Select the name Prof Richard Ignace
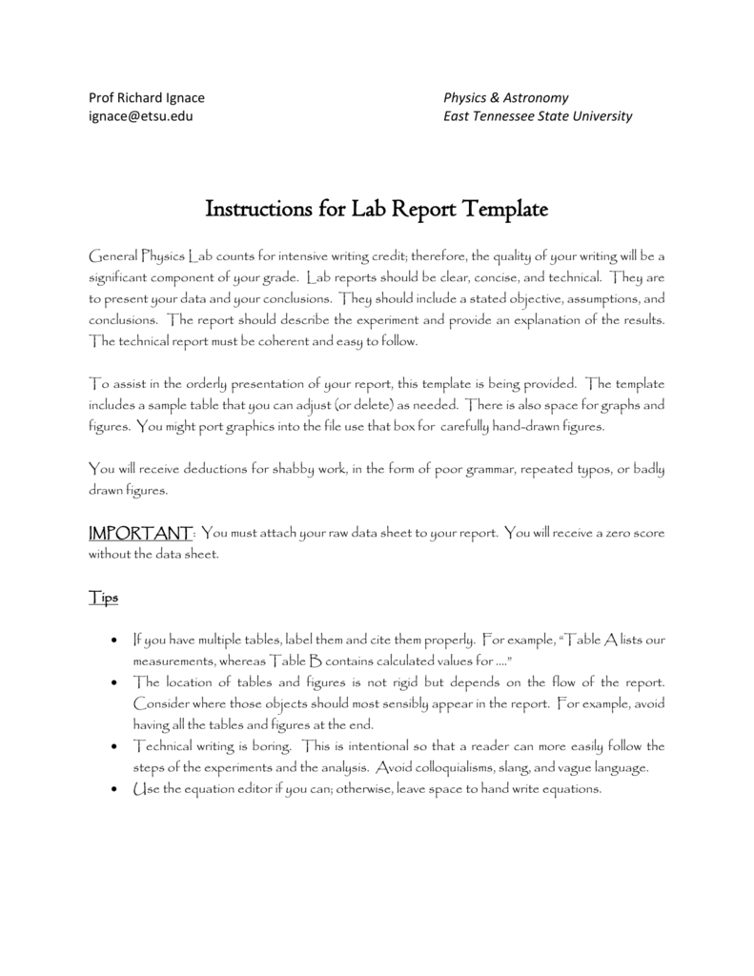[x=146, y=97]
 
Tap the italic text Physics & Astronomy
[x=506, y=97]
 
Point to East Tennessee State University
[x=538, y=116]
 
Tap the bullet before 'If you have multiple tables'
[x=114, y=641]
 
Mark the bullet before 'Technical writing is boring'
[x=114, y=746]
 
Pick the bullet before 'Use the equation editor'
[x=114, y=790]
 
